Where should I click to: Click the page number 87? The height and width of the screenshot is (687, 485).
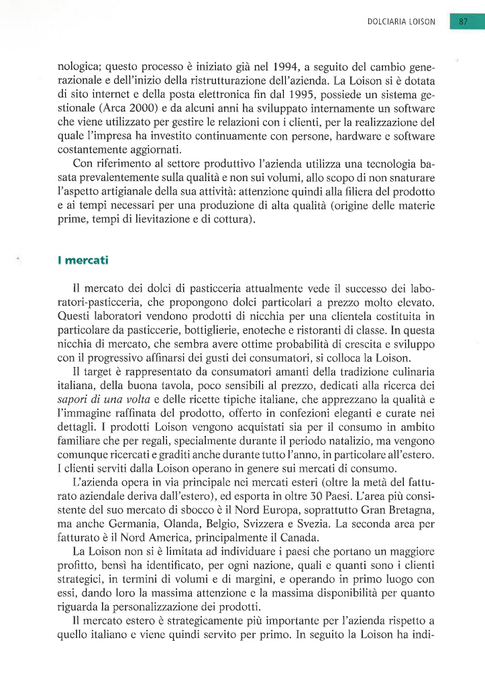463,21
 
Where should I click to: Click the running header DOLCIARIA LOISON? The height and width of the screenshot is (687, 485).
401,22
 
